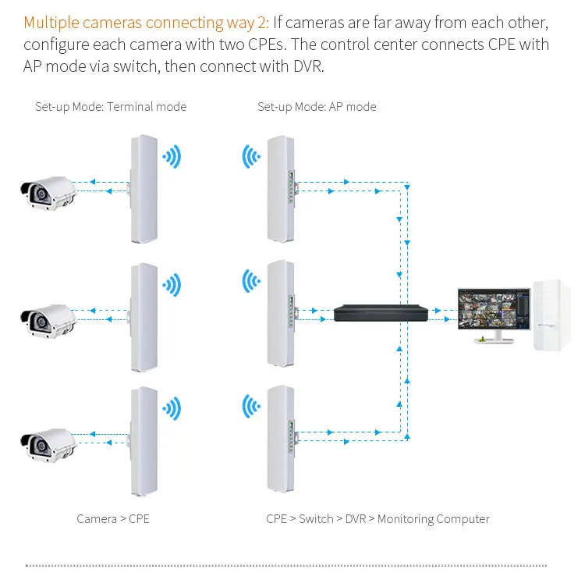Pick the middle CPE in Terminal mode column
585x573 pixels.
coord(144,316)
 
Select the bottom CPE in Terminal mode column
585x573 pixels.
coord(144,441)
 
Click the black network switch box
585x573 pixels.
coord(381,313)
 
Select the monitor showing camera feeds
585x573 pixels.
coord(493,311)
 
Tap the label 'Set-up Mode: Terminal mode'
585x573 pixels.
coord(111,106)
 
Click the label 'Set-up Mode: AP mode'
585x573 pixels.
coord(317,106)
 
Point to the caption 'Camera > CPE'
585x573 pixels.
coord(113,518)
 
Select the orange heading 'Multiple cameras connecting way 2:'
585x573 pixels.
coord(147,22)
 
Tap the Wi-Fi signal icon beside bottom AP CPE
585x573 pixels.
coord(250,407)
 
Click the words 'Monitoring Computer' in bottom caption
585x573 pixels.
coord(434,518)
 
